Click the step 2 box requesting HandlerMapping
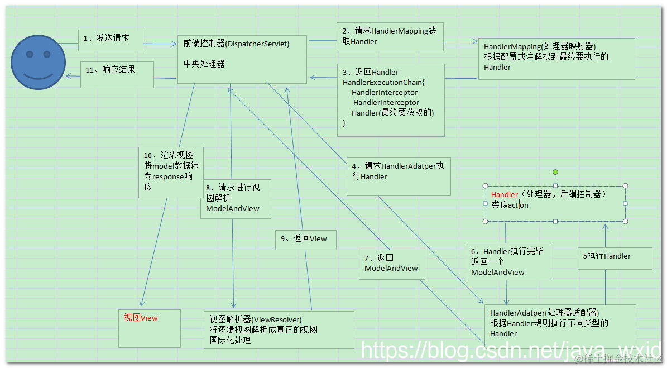390,37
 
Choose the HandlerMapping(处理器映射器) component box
556,59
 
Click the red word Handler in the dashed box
505,194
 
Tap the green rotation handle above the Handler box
555,173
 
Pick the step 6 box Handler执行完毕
507,262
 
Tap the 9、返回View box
305,240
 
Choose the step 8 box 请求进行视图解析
235,198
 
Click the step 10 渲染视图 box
170,172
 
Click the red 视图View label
141,318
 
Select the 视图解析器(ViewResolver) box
278,329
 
